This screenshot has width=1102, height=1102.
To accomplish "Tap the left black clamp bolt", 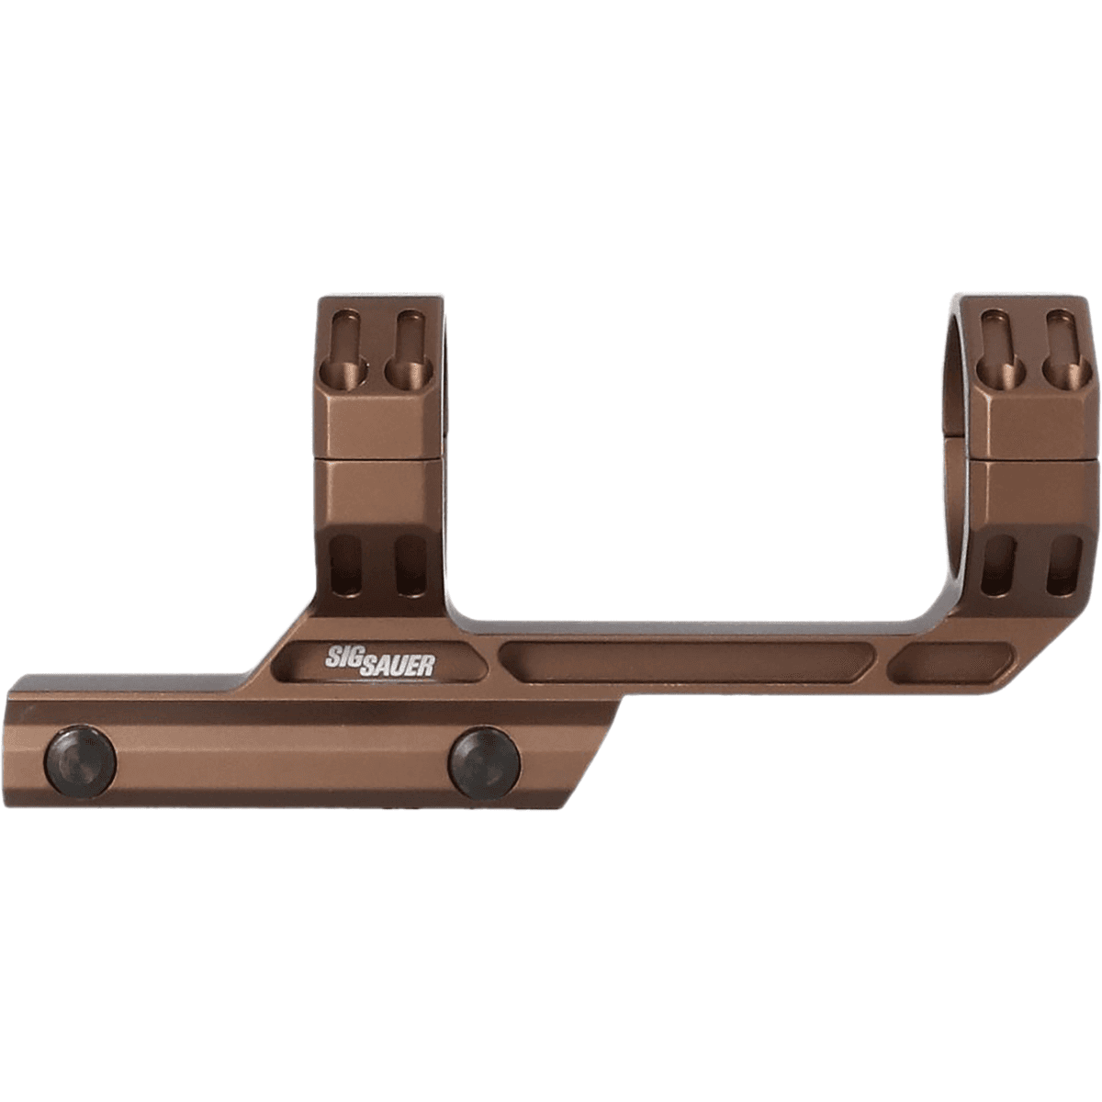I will point(81,761).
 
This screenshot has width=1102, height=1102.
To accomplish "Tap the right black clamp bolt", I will point(484,763).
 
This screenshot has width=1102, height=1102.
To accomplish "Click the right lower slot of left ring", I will point(410,564).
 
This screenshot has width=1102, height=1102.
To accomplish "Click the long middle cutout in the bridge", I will point(685,662).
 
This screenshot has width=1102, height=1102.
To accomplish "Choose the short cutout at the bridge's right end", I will point(955,662).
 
